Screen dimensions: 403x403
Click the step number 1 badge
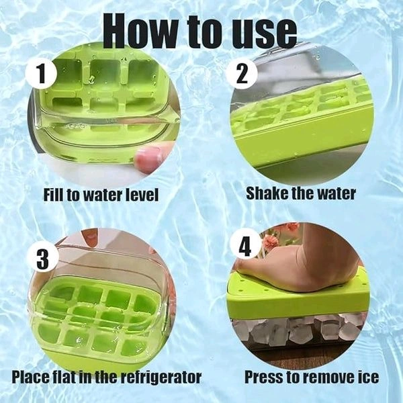[44, 75]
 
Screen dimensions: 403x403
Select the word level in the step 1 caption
[138, 195]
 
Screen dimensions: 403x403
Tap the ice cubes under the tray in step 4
[296, 330]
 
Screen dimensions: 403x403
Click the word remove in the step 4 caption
[323, 377]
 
